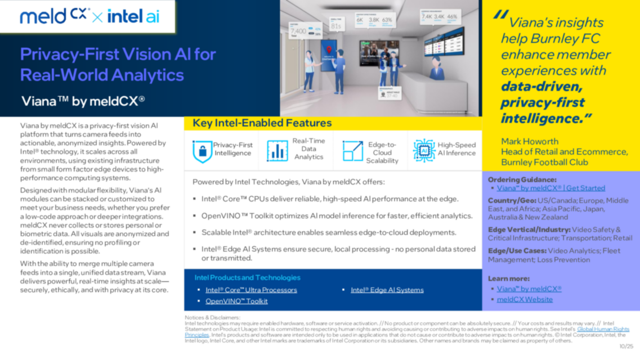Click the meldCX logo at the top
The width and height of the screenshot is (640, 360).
click(x=55, y=16)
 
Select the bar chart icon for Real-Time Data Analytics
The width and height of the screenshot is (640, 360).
click(x=277, y=151)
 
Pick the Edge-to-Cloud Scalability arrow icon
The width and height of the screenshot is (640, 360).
click(x=352, y=151)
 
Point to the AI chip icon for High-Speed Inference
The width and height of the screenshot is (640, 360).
click(x=424, y=150)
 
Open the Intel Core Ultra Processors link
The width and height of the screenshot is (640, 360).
click(x=251, y=290)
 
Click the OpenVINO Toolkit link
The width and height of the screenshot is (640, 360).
click(x=236, y=301)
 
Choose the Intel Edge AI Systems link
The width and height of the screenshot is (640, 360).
click(x=387, y=290)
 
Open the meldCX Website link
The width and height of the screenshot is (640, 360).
click(x=525, y=299)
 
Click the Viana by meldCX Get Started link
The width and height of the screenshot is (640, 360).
click(x=551, y=188)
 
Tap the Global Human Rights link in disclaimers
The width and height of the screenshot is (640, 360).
click(x=603, y=329)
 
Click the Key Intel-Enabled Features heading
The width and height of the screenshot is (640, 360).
click(x=262, y=123)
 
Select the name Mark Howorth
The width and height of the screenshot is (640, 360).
click(x=530, y=141)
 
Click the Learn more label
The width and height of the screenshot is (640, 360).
click(x=508, y=278)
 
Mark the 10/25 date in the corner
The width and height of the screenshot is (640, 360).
click(x=626, y=346)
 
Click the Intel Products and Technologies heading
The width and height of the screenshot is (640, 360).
click(x=247, y=277)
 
